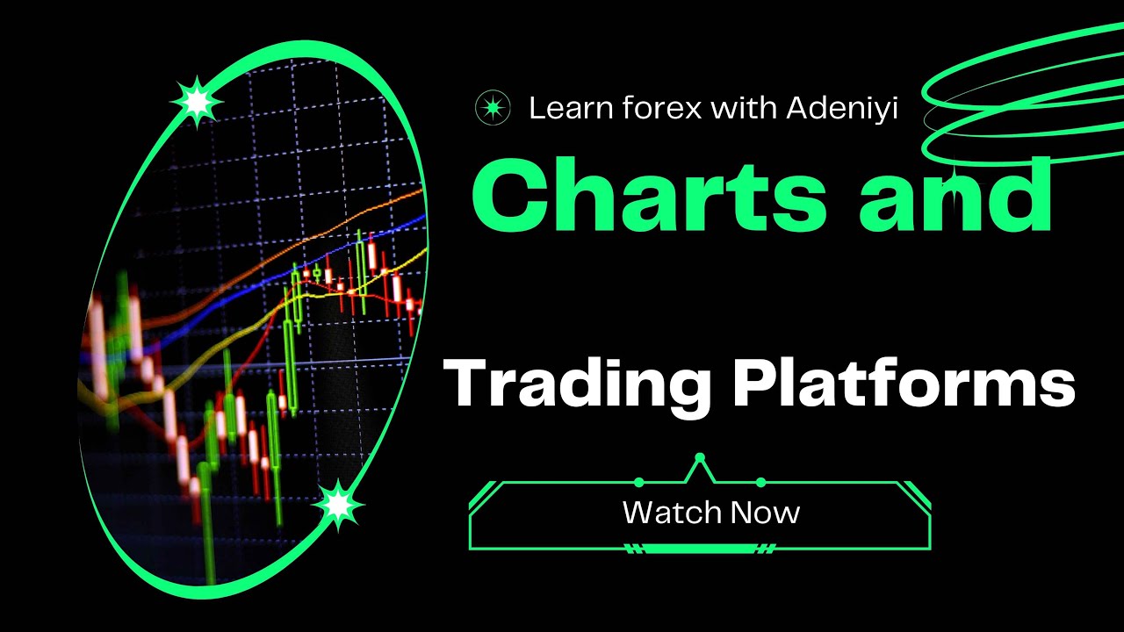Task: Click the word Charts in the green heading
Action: pos(650,198)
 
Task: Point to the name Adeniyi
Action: pos(842,108)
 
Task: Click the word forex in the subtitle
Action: pos(667,108)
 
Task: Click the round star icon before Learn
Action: pos(493,108)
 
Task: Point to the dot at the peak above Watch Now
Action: pos(700,457)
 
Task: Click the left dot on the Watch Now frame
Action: pos(638,482)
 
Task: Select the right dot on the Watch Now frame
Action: pos(761,482)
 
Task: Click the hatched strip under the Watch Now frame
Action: pos(700,549)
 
